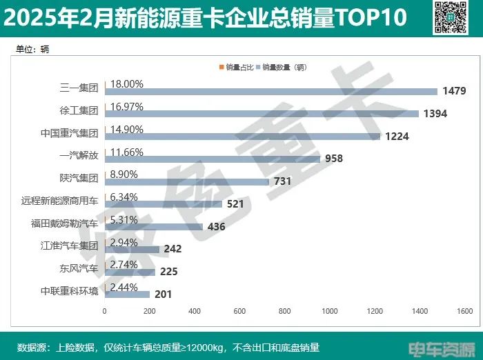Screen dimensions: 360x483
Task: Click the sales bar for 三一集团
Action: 270,91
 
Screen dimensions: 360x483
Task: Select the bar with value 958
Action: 213,159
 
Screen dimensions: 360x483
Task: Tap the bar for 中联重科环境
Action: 127,294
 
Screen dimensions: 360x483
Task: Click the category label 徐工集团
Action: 79,110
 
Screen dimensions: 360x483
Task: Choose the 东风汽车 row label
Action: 79,268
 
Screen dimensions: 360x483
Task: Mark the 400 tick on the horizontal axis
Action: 195,311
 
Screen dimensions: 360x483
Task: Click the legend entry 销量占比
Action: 237,68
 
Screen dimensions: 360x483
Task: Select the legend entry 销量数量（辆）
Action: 283,68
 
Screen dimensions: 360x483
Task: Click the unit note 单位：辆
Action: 33,49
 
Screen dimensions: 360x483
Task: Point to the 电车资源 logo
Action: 442,348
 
